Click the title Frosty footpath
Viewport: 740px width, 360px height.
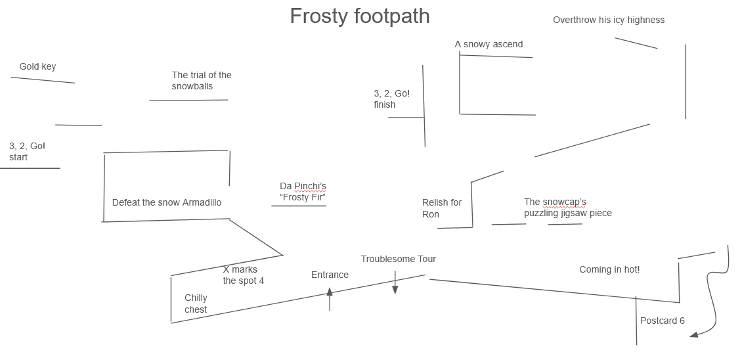pyautogui.click(x=359, y=16)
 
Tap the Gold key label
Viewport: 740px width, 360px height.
pyautogui.click(x=37, y=66)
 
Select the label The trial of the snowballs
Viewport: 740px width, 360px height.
pyautogui.click(x=202, y=81)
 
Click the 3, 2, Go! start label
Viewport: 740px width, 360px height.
pyautogui.click(x=27, y=152)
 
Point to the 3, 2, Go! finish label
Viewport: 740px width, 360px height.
pyautogui.click(x=391, y=99)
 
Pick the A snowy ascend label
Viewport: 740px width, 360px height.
pyautogui.click(x=489, y=45)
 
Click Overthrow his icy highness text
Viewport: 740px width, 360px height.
pyautogui.click(x=608, y=20)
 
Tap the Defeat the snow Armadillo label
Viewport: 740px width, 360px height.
pyautogui.click(x=166, y=202)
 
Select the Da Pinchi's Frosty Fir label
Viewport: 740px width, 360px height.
pyautogui.click(x=303, y=192)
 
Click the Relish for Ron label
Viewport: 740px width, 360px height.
pyautogui.click(x=441, y=208)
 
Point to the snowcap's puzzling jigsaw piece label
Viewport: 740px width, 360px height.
pyautogui.click(x=567, y=208)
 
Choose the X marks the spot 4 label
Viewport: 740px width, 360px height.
pyautogui.click(x=243, y=275)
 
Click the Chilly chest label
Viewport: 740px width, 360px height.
pyautogui.click(x=196, y=304)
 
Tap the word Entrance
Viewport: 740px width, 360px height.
pyautogui.click(x=330, y=275)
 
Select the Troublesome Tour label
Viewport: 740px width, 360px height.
pyautogui.click(x=398, y=259)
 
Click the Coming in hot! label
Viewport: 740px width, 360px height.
pyautogui.click(x=609, y=269)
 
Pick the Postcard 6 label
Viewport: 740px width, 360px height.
pyautogui.click(x=662, y=321)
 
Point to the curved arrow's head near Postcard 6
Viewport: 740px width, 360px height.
pyautogui.click(x=693, y=335)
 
